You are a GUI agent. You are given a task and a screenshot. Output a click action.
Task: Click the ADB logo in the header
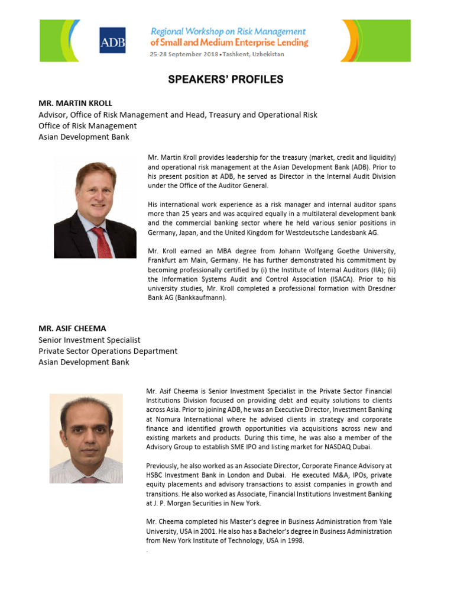click(x=112, y=40)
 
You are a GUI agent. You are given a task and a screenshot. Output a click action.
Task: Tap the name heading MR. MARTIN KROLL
click(x=75, y=103)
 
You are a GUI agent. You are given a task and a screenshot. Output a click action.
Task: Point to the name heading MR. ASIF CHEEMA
click(x=72, y=328)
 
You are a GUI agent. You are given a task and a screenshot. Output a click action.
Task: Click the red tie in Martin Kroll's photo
click(x=102, y=241)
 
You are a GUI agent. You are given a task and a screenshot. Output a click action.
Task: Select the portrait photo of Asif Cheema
click(x=86, y=439)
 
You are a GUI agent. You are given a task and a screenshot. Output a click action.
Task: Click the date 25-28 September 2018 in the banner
click(x=183, y=54)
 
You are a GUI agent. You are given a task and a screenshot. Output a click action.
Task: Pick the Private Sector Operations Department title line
click(x=108, y=351)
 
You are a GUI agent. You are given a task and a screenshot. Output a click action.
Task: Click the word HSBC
click(x=155, y=475)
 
